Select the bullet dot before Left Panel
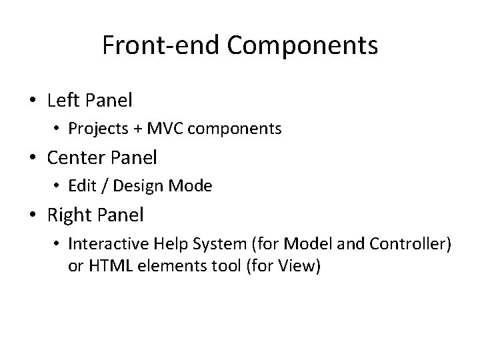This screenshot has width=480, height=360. pos(33,101)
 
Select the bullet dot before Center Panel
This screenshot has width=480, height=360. pos(33,159)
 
